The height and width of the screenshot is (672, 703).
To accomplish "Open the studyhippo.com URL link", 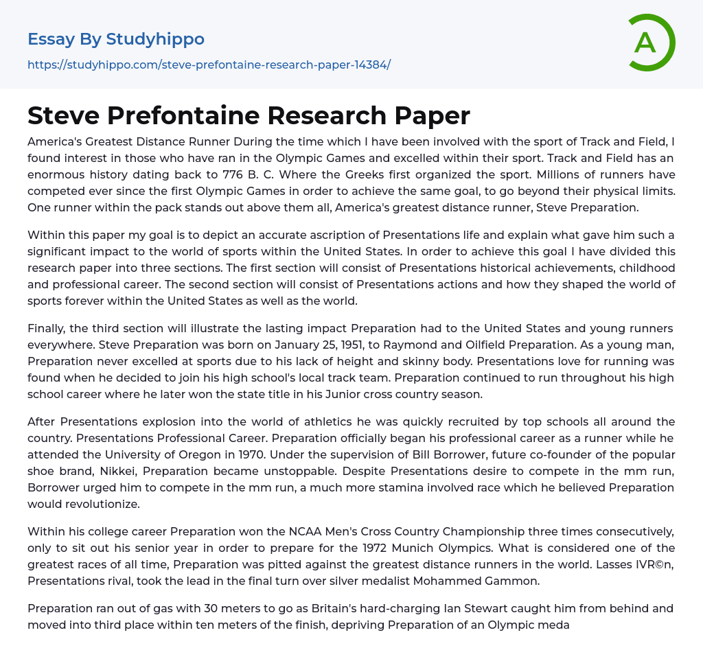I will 209,65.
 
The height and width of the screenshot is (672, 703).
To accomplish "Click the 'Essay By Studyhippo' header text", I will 116,39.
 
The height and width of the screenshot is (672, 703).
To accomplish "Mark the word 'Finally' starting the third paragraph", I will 46,328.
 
